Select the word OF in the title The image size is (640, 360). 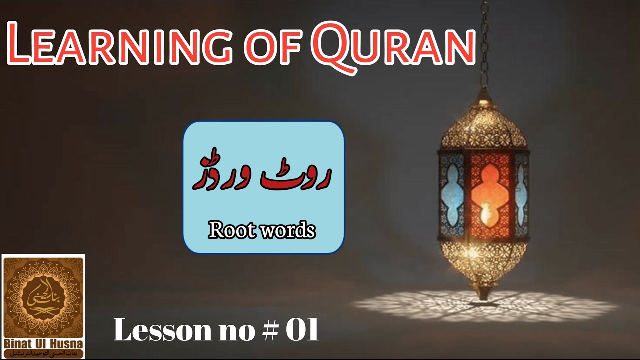267,47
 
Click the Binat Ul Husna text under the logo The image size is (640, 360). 43,344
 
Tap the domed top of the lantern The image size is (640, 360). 483,122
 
